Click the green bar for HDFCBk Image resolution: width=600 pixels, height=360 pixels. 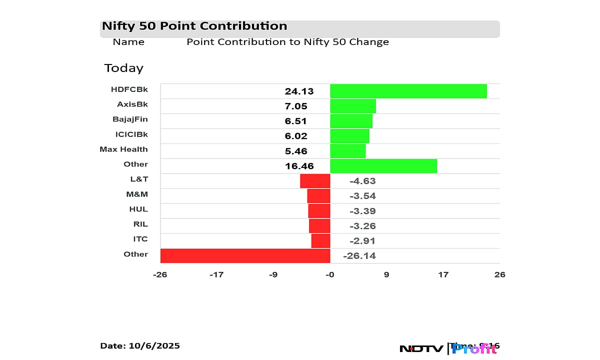pos(408,91)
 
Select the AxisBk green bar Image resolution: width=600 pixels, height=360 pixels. pos(352,106)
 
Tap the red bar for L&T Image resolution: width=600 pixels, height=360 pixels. pos(315,181)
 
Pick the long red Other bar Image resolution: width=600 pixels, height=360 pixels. pos(245,256)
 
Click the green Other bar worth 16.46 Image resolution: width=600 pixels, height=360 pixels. pos(383,166)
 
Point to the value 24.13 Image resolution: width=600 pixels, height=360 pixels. pos(299,91)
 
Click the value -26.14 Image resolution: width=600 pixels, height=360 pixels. pos(359,256)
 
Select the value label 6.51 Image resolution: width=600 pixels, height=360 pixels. pos(296,121)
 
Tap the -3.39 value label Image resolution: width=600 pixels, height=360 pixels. pos(362,211)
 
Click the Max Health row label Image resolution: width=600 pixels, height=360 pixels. pos(123,149)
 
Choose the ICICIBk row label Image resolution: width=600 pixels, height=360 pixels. pos(131,134)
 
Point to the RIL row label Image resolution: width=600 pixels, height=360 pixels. pos(140,224)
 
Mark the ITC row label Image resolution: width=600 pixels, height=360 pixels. pos(140,239)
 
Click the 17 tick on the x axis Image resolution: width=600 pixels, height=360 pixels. pos(443,274)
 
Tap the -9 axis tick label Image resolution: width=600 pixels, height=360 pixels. pos(272,274)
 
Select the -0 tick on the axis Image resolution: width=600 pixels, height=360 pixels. pos(329,274)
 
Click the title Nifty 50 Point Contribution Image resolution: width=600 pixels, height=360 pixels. pos(194,26)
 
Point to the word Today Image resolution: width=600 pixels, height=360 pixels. pos(123,68)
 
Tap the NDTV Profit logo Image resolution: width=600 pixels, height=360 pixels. pos(448,348)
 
